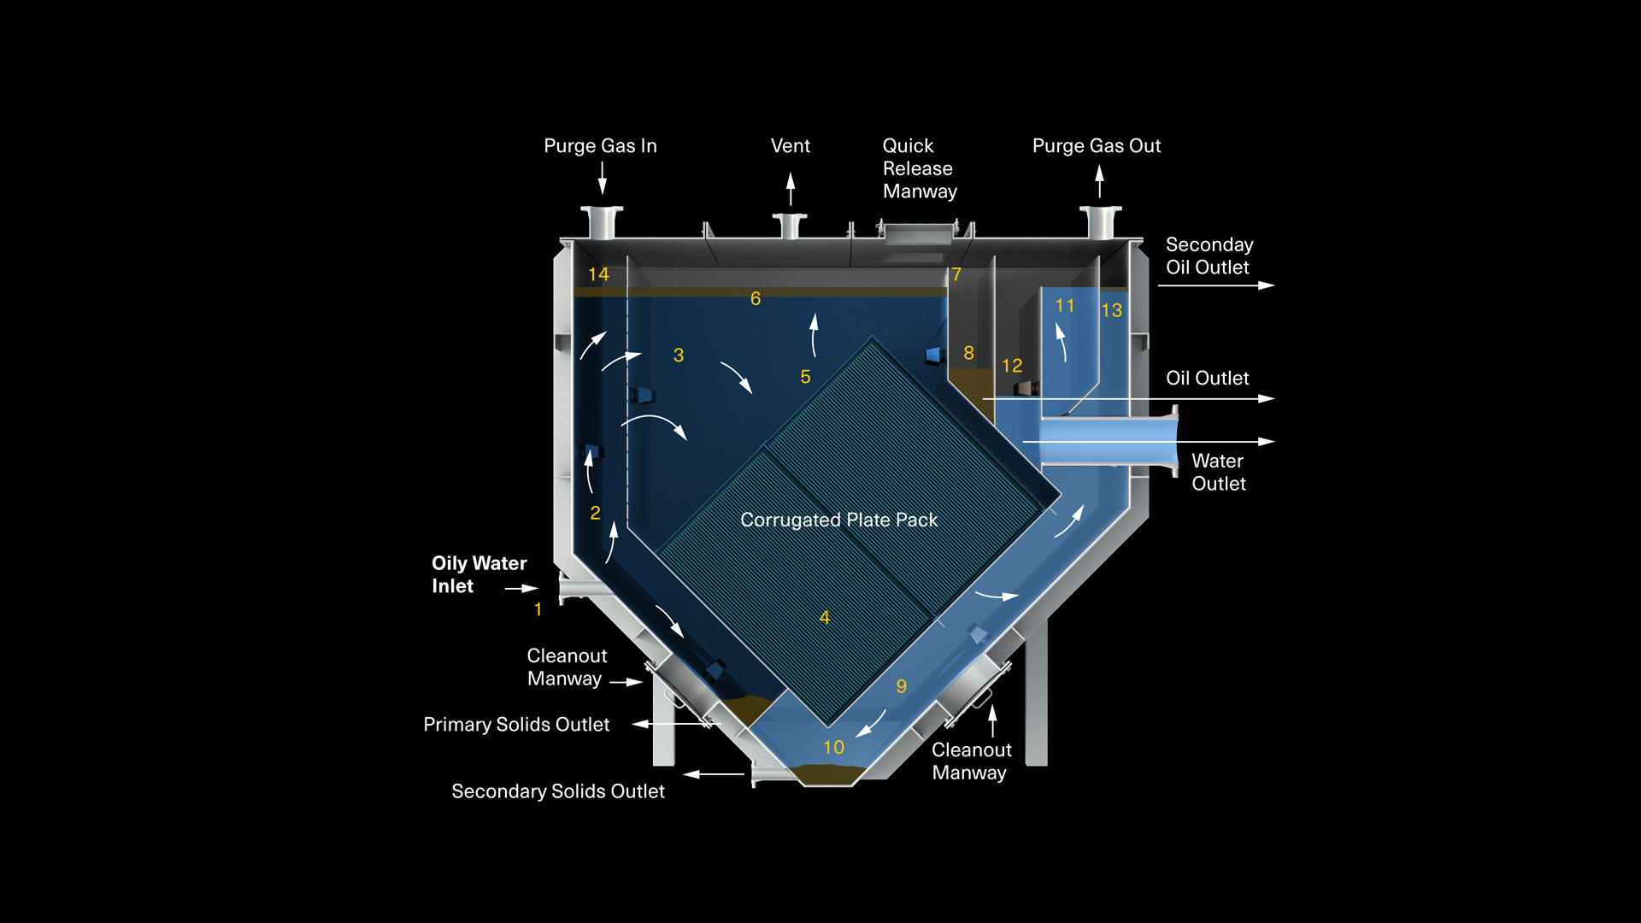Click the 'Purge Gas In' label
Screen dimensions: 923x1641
[x=600, y=146]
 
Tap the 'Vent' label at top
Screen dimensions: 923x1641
[x=790, y=146]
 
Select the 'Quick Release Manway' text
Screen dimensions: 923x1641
[x=919, y=168]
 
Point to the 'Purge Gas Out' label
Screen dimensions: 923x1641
[x=1096, y=146]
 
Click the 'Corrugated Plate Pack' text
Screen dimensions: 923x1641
[x=838, y=520]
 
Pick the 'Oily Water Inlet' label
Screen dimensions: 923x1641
[x=479, y=574]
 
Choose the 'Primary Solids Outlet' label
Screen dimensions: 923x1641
[x=516, y=725]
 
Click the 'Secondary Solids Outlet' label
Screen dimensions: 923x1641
[x=557, y=791]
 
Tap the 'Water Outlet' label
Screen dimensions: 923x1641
[x=1218, y=472]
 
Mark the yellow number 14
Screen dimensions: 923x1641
[x=598, y=274]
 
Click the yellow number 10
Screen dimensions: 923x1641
[x=833, y=747]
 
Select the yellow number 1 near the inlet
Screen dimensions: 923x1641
[x=538, y=609]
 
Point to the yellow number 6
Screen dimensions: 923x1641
[x=756, y=298]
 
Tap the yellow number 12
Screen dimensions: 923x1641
[x=1012, y=366]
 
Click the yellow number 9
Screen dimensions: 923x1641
[x=901, y=686]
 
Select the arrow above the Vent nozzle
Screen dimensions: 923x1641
[x=791, y=188]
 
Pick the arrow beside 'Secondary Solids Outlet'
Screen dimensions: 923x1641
[x=714, y=774]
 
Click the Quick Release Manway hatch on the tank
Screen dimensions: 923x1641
[x=919, y=232]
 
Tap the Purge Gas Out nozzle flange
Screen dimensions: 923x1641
[x=1100, y=210]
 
